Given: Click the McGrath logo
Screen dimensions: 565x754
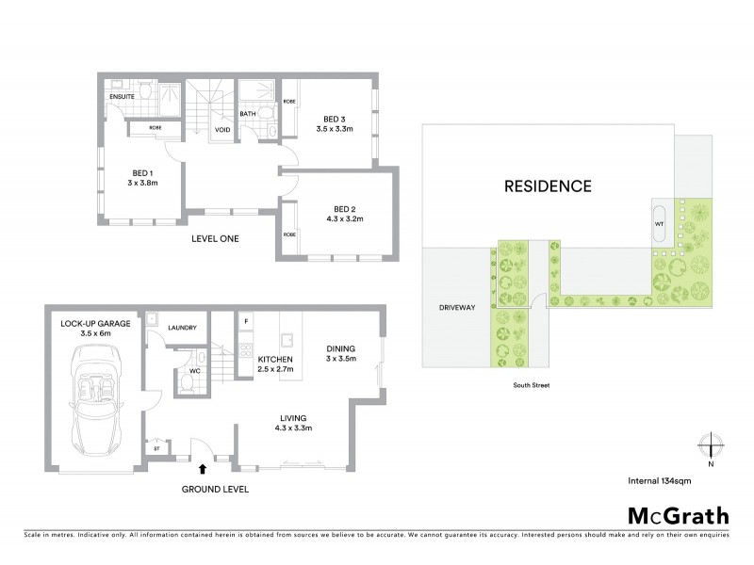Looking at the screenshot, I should click(x=678, y=515).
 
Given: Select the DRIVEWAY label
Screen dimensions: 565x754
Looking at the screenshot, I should click(x=455, y=308).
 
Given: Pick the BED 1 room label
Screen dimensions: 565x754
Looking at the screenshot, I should click(x=143, y=173).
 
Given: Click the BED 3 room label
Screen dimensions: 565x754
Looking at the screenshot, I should click(x=334, y=118).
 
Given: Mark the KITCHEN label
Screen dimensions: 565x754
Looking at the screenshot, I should click(x=276, y=360).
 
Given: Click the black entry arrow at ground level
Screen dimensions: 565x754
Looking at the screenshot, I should click(x=203, y=466).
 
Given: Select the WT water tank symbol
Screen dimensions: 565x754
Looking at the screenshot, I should click(x=659, y=224).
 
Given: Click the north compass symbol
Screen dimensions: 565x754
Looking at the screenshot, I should click(x=711, y=445).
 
